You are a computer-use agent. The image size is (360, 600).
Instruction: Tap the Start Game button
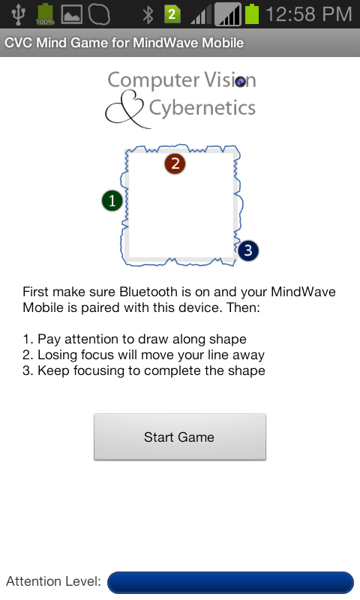click(x=180, y=436)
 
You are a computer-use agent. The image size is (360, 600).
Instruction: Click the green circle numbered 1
click(x=112, y=201)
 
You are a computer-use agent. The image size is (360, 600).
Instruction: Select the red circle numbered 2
click(x=175, y=163)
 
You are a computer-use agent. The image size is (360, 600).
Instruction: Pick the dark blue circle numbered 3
click(x=248, y=250)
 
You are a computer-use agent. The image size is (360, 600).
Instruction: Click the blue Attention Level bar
click(x=230, y=583)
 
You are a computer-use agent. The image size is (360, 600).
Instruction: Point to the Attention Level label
click(x=53, y=581)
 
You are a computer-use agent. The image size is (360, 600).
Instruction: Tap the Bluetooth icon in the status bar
click(x=148, y=14)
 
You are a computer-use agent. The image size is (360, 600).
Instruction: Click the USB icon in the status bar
click(x=18, y=13)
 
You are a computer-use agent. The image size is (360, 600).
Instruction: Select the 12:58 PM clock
click(x=308, y=14)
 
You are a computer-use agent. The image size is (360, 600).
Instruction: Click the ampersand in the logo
click(x=125, y=109)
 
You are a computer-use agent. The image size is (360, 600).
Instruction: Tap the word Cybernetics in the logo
click(x=202, y=108)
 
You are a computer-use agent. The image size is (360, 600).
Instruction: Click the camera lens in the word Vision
click(x=240, y=82)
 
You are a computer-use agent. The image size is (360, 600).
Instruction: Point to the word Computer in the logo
click(x=154, y=80)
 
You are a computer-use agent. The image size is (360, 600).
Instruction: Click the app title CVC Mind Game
click(x=56, y=43)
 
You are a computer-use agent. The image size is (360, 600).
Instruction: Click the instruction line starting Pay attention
click(x=135, y=339)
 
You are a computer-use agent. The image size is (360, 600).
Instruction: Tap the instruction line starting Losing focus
click(x=143, y=355)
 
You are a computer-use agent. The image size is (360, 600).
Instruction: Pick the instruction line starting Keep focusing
click(x=144, y=370)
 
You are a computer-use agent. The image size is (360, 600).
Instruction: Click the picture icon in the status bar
click(x=71, y=14)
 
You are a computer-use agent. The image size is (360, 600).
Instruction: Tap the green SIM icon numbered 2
click(x=172, y=14)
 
